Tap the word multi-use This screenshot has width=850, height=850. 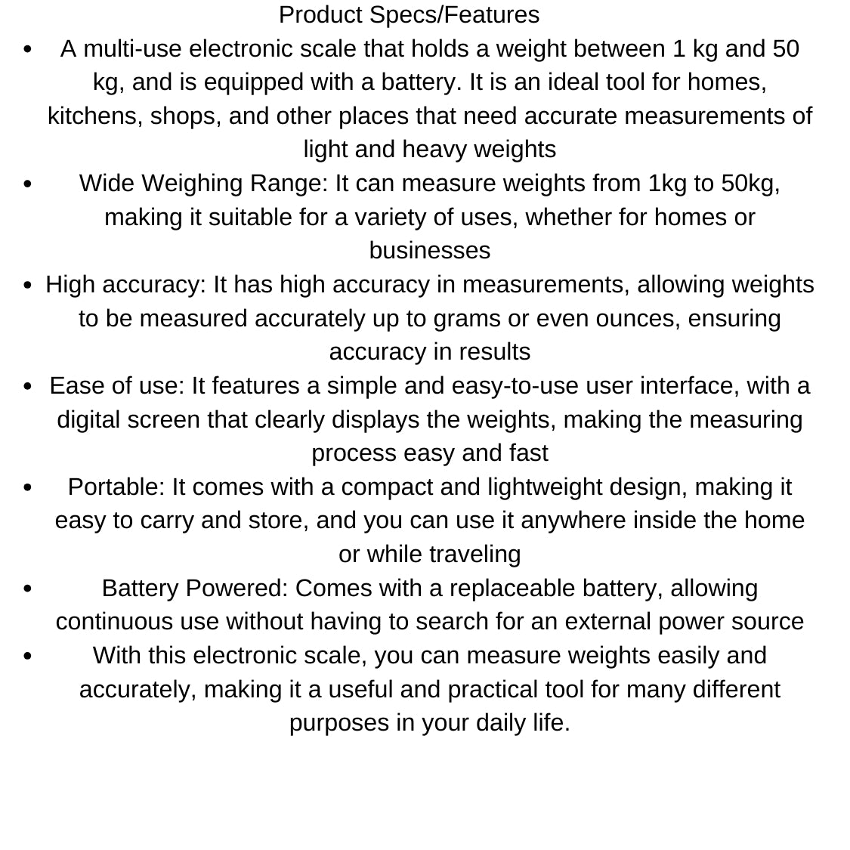(133, 49)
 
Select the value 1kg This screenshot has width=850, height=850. (666, 184)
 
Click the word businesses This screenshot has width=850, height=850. (430, 251)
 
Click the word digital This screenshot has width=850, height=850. (88, 420)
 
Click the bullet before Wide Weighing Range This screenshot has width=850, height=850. (28, 184)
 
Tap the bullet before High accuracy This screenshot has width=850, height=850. (28, 286)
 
